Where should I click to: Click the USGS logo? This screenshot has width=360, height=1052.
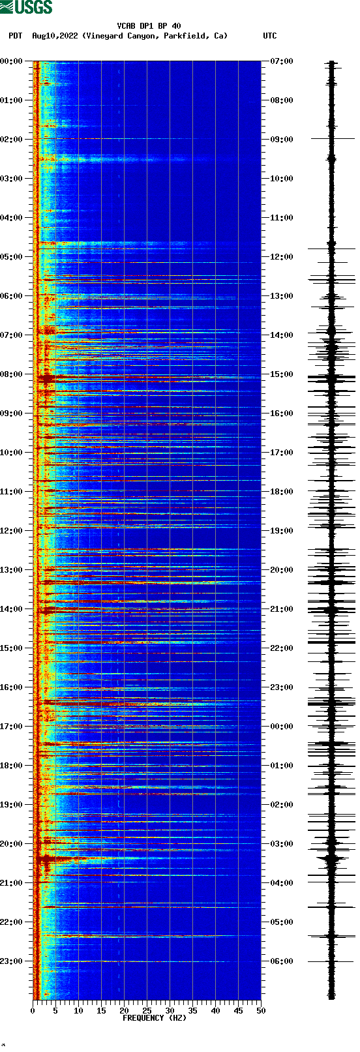pyautogui.click(x=26, y=7)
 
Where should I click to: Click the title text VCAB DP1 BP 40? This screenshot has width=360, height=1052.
pyautogui.click(x=149, y=26)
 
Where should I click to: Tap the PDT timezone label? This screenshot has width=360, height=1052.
pyautogui.click(x=15, y=36)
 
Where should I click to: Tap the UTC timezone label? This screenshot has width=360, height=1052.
pyautogui.click(x=269, y=36)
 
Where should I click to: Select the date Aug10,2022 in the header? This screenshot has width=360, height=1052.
pyautogui.click(x=55, y=36)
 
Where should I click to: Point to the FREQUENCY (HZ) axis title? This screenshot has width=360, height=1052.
pyautogui.click(x=154, y=1017)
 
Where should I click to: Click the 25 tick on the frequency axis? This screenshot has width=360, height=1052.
pyautogui.click(x=147, y=1010)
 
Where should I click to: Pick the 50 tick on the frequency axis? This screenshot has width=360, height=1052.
pyautogui.click(x=261, y=1010)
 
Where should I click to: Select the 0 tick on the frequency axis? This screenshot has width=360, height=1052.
pyautogui.click(x=33, y=1010)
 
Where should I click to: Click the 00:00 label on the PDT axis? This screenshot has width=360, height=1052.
pyautogui.click(x=11, y=61)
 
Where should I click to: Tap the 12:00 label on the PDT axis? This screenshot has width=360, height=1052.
pyautogui.click(x=11, y=531)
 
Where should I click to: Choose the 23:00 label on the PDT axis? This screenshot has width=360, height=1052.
pyautogui.click(x=11, y=961)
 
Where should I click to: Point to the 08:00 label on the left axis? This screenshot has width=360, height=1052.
pyautogui.click(x=11, y=374)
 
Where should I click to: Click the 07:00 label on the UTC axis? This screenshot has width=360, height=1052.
pyautogui.click(x=282, y=61)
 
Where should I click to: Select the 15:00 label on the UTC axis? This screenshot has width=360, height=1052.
pyautogui.click(x=282, y=374)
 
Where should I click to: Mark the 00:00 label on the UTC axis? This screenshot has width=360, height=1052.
pyautogui.click(x=282, y=727)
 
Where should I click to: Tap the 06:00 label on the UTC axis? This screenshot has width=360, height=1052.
pyautogui.click(x=282, y=961)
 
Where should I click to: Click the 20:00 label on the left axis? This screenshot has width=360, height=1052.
pyautogui.click(x=11, y=844)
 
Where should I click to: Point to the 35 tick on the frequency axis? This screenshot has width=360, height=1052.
pyautogui.click(x=192, y=1010)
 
